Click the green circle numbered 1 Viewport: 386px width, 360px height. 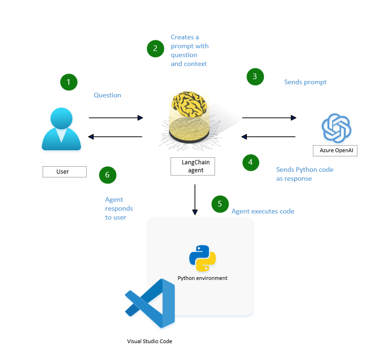pos(69,82)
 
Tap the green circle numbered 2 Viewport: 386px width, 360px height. pos(155,49)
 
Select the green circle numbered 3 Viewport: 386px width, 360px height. pos(255,77)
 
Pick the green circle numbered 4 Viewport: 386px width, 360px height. pos(251,162)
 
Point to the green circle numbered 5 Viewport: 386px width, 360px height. pos(220,204)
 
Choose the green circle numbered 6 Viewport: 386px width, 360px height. pos(107,175)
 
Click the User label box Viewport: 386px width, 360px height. pos(65,172)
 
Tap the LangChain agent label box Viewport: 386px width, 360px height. pos(193,167)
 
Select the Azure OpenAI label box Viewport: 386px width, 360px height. pos(335,150)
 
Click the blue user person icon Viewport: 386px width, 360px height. pos(61,129)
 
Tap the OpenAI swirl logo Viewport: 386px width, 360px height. pos(336,128)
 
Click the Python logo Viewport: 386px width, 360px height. pos(202,258)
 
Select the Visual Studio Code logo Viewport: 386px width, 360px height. pos(150,303)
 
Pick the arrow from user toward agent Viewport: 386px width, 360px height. pos(116,118)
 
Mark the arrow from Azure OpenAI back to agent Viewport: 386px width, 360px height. pos(268,137)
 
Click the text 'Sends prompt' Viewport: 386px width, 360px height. pos(305,82)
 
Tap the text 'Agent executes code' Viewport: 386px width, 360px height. pos(263,212)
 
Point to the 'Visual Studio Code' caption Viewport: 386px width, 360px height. pos(149,341)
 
